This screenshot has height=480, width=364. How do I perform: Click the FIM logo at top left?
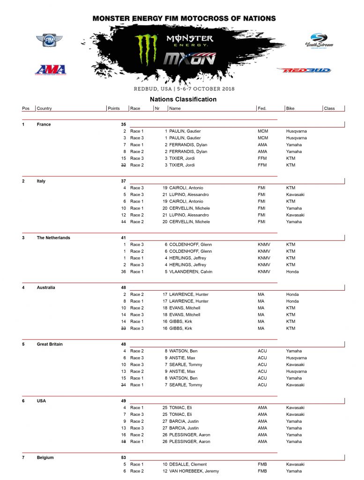(46, 40)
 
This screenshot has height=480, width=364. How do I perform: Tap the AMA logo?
(50, 69)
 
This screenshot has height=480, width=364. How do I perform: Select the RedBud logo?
(304, 70)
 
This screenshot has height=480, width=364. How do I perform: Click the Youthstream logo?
(319, 41)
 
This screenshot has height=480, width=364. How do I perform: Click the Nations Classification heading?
(183, 99)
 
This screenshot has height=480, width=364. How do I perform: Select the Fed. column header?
(262, 109)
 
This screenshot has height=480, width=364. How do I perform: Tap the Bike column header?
(290, 109)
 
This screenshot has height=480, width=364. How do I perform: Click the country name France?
(44, 125)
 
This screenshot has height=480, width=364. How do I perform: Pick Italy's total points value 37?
(123, 181)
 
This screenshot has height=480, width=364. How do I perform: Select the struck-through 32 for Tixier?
(123, 165)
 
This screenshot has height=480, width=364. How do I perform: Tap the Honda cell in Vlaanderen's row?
(292, 272)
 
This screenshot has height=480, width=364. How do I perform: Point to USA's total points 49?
(123, 401)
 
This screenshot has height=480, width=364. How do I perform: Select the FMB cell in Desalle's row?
(262, 465)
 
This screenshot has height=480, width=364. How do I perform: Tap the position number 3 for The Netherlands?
(23, 238)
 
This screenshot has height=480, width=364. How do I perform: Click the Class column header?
(329, 109)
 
